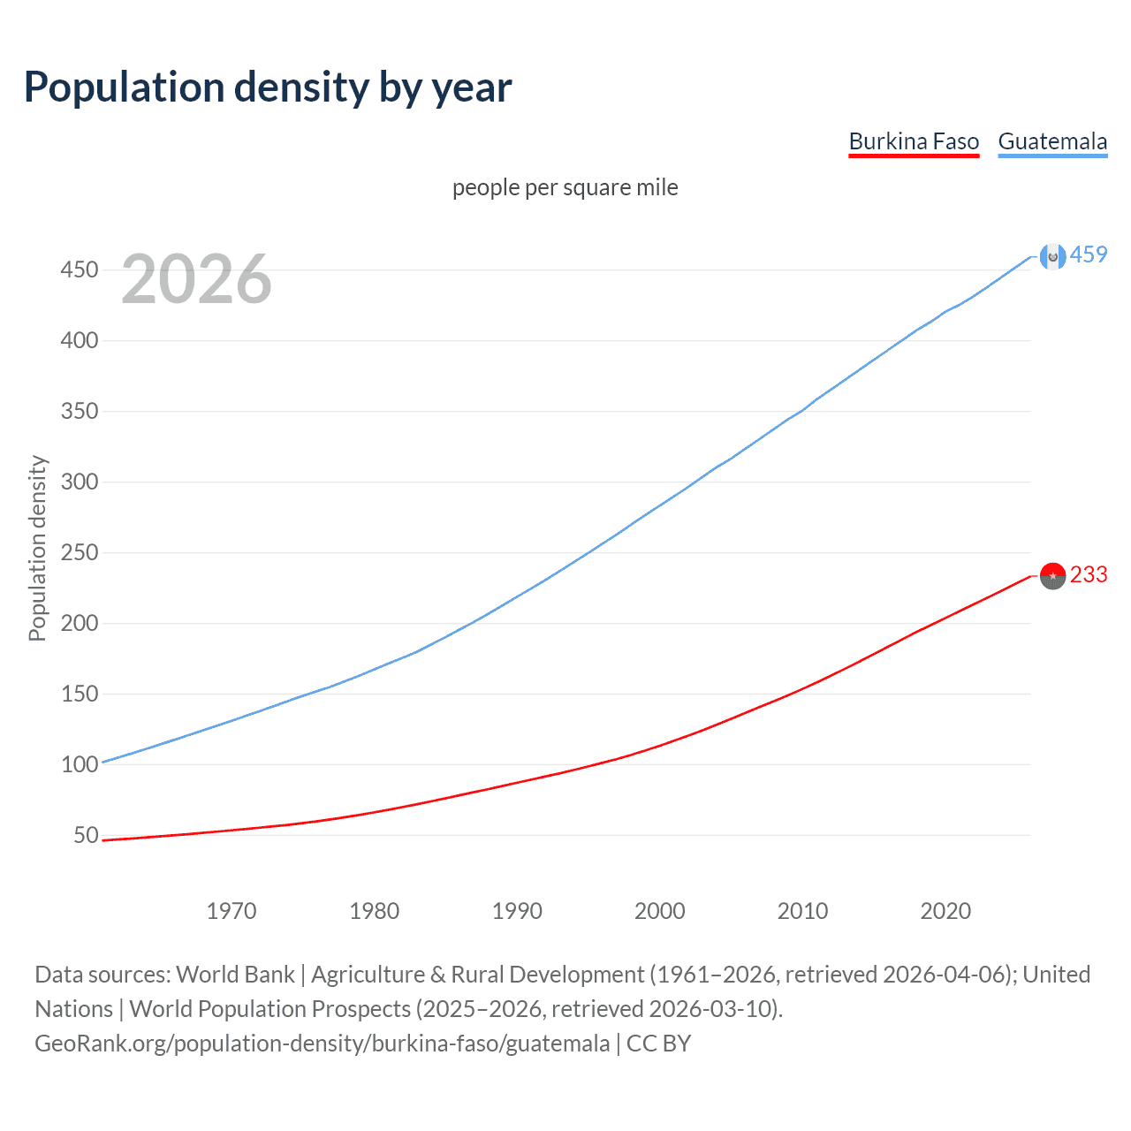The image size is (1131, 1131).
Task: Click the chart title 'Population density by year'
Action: click(268, 87)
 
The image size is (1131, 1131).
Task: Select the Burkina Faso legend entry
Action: click(914, 141)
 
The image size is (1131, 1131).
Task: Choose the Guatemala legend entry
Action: click(1052, 141)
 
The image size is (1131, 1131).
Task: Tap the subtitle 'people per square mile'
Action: click(565, 187)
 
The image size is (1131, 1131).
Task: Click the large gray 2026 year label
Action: click(196, 279)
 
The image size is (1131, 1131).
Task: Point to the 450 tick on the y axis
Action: click(80, 269)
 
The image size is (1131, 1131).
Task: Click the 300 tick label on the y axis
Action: click(80, 482)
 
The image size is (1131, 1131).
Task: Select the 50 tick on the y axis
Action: click(86, 835)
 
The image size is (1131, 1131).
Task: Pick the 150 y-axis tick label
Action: click(80, 694)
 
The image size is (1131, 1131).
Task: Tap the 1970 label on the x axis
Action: click(232, 911)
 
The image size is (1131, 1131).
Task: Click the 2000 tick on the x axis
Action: click(660, 911)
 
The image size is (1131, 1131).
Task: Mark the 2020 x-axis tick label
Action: click(945, 911)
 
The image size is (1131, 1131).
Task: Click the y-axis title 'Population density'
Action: click(37, 548)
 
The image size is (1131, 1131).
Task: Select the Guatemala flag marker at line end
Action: click(1052, 256)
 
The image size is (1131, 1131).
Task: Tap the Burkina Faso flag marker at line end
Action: click(1052, 575)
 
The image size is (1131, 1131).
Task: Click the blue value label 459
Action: click(1089, 255)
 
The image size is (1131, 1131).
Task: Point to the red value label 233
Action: click(1089, 575)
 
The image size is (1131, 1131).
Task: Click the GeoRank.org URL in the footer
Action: click(323, 1044)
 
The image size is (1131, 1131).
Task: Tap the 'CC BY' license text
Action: click(659, 1044)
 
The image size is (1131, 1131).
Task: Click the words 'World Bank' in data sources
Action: click(235, 975)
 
